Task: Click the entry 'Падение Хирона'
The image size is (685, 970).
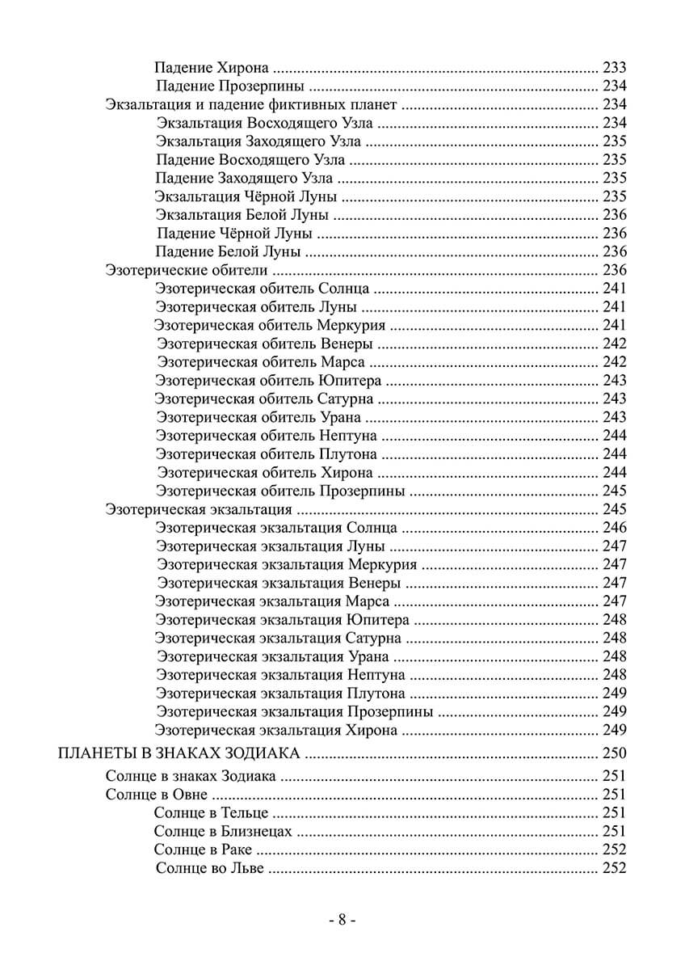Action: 212,68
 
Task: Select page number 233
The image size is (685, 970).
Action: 615,68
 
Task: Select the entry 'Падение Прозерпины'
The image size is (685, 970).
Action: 229,86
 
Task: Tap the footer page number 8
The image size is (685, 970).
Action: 342,920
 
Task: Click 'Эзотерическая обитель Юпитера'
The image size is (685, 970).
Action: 268,380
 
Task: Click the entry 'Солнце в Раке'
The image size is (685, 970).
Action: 203,850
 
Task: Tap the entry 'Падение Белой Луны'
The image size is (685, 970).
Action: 229,251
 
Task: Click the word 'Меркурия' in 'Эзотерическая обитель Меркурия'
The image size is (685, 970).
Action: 351,325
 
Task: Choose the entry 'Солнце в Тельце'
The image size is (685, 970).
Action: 211,812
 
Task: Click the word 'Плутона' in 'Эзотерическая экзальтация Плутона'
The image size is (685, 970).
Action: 376,694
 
